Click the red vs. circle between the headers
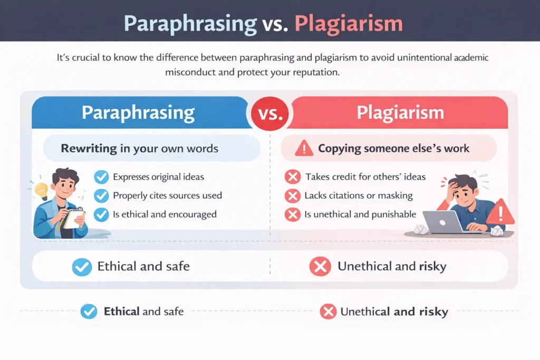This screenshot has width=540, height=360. (269, 112)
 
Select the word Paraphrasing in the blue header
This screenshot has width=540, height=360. (138, 112)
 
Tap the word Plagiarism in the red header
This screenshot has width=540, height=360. (400, 112)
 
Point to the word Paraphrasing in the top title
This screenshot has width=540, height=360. (190, 23)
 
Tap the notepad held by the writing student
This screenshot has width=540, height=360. (74, 217)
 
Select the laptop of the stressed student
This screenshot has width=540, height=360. (443, 221)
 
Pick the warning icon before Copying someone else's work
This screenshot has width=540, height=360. (304, 149)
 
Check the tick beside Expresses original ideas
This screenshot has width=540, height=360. (101, 177)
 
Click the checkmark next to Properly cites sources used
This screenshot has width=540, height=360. (101, 196)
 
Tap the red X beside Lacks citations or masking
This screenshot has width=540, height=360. (292, 196)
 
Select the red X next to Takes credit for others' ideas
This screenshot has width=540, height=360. (292, 177)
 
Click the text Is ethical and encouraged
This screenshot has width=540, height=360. (165, 215)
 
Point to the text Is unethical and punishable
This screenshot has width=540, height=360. (360, 215)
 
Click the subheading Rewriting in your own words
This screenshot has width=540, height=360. (139, 148)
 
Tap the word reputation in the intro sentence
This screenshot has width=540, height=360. (313, 72)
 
